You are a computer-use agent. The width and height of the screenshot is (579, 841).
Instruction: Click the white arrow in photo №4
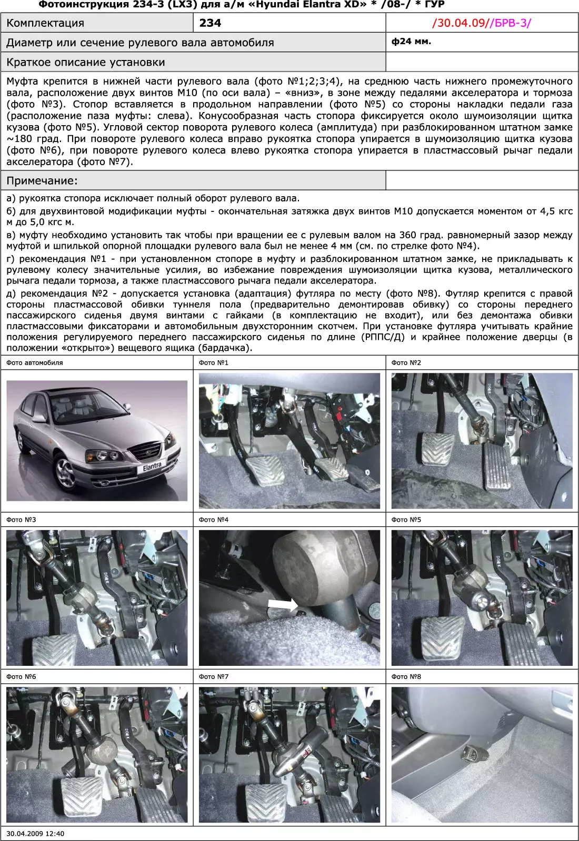click(283, 605)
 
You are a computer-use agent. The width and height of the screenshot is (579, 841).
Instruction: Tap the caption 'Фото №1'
click(214, 362)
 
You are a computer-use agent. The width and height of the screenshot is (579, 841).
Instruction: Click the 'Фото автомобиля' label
click(35, 362)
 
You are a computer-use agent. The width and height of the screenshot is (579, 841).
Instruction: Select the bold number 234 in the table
click(210, 23)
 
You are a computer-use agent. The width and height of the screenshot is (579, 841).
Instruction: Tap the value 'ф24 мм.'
click(411, 41)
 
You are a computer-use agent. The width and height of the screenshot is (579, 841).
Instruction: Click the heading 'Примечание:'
click(42, 181)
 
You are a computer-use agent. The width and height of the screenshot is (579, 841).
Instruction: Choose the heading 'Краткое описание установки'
click(86, 63)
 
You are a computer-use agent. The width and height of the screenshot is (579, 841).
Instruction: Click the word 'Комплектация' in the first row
click(45, 23)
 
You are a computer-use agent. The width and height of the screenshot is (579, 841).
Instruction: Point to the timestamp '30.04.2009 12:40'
click(35, 834)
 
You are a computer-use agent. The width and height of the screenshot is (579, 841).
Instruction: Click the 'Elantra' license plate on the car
click(152, 467)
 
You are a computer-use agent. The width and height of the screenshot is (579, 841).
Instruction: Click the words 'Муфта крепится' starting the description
click(49, 82)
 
